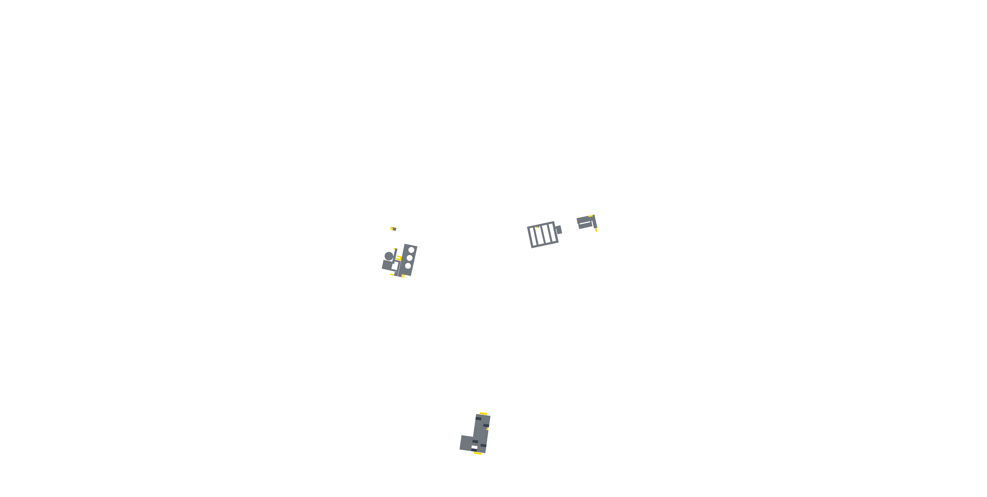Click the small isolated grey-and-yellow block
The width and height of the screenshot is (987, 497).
[393, 229]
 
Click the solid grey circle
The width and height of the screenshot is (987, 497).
[389, 256]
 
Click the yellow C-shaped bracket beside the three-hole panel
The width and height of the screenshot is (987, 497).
[398, 258]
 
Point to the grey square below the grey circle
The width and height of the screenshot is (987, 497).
[387, 265]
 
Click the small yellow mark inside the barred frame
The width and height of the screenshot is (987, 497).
[537, 227]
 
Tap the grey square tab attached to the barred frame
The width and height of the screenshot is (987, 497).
[559, 230]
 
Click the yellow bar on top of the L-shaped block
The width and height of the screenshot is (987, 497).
[484, 414]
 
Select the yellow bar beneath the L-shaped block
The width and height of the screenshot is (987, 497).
[477, 453]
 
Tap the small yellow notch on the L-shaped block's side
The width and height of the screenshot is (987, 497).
[487, 429]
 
